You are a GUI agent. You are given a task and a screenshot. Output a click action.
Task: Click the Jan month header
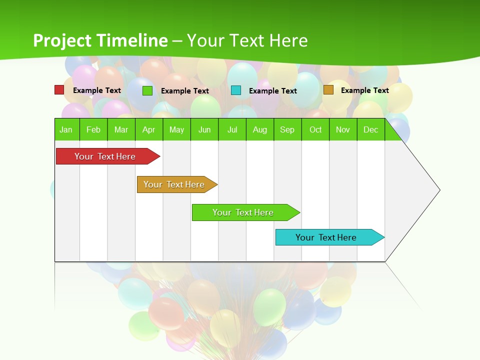(x=66, y=129)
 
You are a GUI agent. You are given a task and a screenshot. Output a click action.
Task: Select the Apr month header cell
(x=149, y=129)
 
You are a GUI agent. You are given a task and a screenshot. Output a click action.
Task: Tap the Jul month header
(x=232, y=129)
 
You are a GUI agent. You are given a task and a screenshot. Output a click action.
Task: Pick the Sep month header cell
(x=287, y=129)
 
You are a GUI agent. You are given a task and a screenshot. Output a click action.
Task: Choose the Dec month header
(x=370, y=129)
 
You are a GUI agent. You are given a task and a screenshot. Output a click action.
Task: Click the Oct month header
(x=315, y=129)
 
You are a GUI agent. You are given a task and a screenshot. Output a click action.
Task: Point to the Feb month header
(x=93, y=129)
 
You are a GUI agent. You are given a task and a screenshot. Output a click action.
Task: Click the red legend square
(x=59, y=90)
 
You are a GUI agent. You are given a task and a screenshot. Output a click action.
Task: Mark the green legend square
(x=147, y=90)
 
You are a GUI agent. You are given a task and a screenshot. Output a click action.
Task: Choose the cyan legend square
(x=236, y=90)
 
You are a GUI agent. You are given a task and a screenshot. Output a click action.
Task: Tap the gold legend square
(x=328, y=90)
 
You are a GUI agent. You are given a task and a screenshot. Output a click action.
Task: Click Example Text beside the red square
(x=97, y=90)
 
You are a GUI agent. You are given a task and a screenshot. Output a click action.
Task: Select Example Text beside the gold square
(x=365, y=90)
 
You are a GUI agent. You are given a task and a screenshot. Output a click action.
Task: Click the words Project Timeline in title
(x=100, y=40)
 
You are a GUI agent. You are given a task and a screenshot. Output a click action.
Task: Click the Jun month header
(x=204, y=129)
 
